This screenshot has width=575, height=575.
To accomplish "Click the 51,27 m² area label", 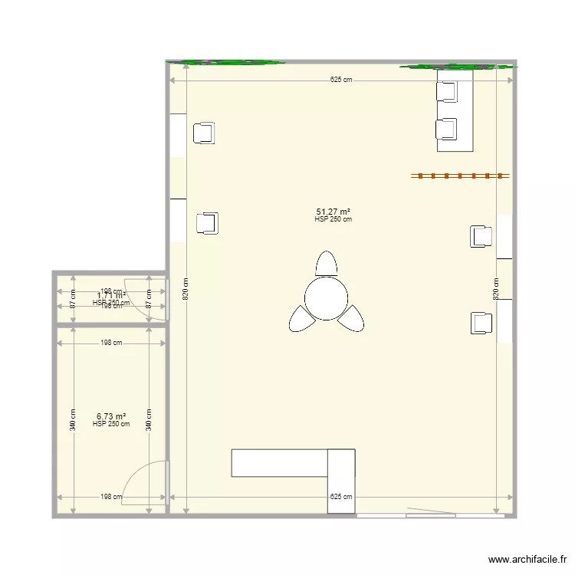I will click(x=333, y=212).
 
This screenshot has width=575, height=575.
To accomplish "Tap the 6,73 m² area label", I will click(x=111, y=416).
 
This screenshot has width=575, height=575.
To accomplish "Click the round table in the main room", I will click(x=326, y=297).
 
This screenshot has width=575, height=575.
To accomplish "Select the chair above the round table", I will click(x=327, y=263).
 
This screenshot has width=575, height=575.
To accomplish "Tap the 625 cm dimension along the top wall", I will click(x=342, y=80).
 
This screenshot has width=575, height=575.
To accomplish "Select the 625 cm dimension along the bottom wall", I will click(x=342, y=497).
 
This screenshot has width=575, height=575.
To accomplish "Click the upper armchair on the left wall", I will click(x=204, y=133).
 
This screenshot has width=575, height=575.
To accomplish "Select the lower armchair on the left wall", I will click(x=207, y=223).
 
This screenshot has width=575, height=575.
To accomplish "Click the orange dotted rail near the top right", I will click(x=460, y=176).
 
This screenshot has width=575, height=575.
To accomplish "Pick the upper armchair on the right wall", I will click(x=481, y=236).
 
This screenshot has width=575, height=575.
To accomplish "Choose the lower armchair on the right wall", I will click(x=481, y=323).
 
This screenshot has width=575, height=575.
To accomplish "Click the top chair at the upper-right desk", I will click(x=446, y=91).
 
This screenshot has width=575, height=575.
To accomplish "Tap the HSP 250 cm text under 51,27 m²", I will click(x=333, y=220).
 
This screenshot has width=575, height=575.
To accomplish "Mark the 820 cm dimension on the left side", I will click(x=185, y=289).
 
